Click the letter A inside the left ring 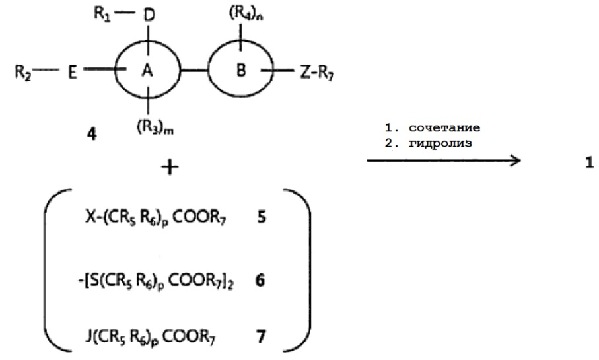tap(147, 70)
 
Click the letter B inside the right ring tap(241, 70)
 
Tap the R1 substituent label tap(102, 14)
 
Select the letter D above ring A tap(149, 15)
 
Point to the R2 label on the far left tap(23, 72)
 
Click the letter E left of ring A tap(73, 72)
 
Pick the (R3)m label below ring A tap(155, 127)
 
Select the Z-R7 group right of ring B tap(317, 72)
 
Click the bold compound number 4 tap(92, 134)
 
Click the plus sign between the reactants tap(170, 167)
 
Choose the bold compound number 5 tap(262, 217)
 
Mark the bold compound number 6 tap(260, 281)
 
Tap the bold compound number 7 tap(262, 337)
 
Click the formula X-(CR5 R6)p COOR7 tap(155, 218)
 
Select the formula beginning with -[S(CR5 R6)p tap(156, 281)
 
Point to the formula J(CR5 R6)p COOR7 tap(150, 338)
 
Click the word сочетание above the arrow tap(444, 127)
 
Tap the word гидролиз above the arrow tap(440, 143)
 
